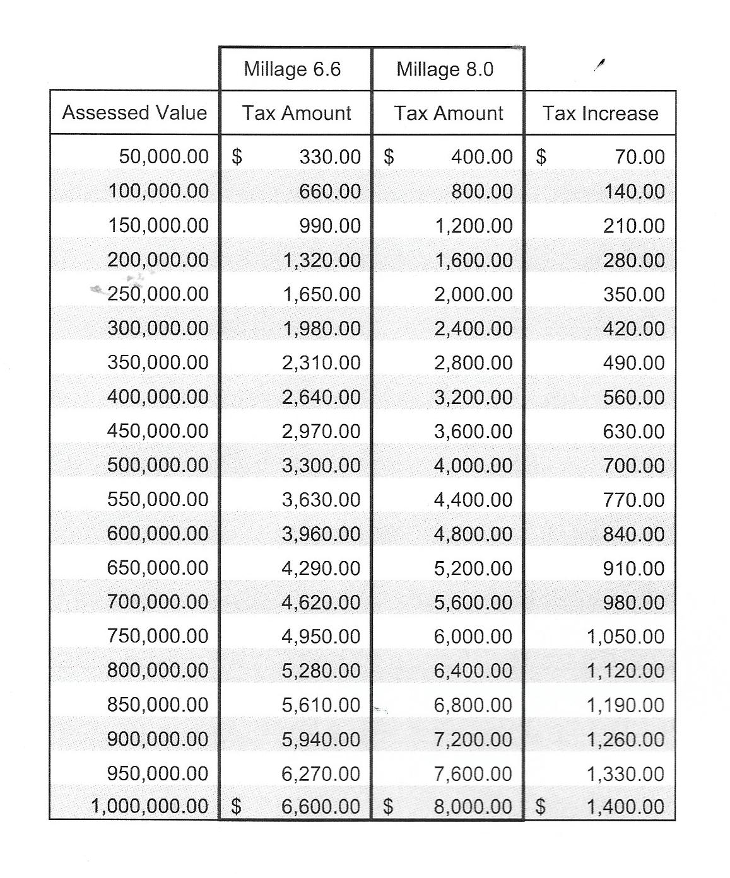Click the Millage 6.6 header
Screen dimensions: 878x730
point(292,69)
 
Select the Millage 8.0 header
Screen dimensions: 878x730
point(445,69)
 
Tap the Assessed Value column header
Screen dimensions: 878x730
point(134,113)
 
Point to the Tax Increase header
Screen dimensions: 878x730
point(600,113)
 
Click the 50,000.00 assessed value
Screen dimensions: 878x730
point(163,157)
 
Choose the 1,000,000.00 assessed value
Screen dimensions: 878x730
point(150,806)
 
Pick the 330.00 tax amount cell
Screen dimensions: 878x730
point(330,157)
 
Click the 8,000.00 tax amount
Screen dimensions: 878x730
point(473,807)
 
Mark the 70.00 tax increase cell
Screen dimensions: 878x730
point(640,157)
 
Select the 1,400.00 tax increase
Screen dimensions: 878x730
point(625,807)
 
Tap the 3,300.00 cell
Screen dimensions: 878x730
point(321,466)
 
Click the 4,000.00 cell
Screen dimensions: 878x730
point(473,466)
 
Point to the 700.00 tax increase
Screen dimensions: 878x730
point(633,466)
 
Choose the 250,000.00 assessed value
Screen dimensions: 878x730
point(158,294)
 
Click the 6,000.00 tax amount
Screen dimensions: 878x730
point(473,637)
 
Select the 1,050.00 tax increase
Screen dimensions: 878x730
point(625,637)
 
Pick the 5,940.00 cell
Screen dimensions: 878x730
point(321,739)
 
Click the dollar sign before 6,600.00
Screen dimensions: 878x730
point(236,806)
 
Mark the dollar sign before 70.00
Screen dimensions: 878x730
point(541,157)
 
